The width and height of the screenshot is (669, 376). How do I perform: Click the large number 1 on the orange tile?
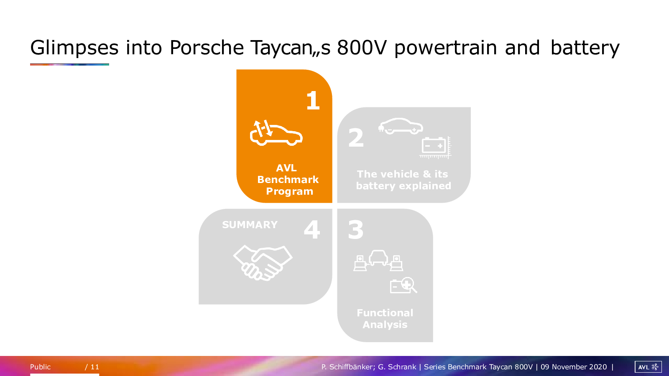313,100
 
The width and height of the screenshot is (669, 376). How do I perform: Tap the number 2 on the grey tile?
356,137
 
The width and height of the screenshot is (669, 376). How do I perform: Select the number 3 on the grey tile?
356,230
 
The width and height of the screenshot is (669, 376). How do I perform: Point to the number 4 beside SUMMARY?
312,230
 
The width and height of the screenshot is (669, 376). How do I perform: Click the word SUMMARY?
250,225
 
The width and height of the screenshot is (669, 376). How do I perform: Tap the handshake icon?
263,263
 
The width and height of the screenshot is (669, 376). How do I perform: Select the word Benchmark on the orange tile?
288,180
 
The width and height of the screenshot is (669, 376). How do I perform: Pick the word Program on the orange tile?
290,191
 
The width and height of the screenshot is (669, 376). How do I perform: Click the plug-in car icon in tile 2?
401,126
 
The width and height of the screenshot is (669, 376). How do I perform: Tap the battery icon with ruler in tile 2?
435,147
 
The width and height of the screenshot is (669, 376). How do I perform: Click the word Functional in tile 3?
385,313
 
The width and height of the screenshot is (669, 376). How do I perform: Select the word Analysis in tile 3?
385,325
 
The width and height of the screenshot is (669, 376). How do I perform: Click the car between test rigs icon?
378,261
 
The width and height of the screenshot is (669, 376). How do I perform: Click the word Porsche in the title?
207,48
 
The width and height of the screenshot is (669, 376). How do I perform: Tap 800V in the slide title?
362,48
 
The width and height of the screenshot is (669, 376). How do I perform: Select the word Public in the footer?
40,367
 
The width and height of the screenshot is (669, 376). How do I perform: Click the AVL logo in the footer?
648,367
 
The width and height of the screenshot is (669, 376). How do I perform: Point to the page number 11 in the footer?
94,367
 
